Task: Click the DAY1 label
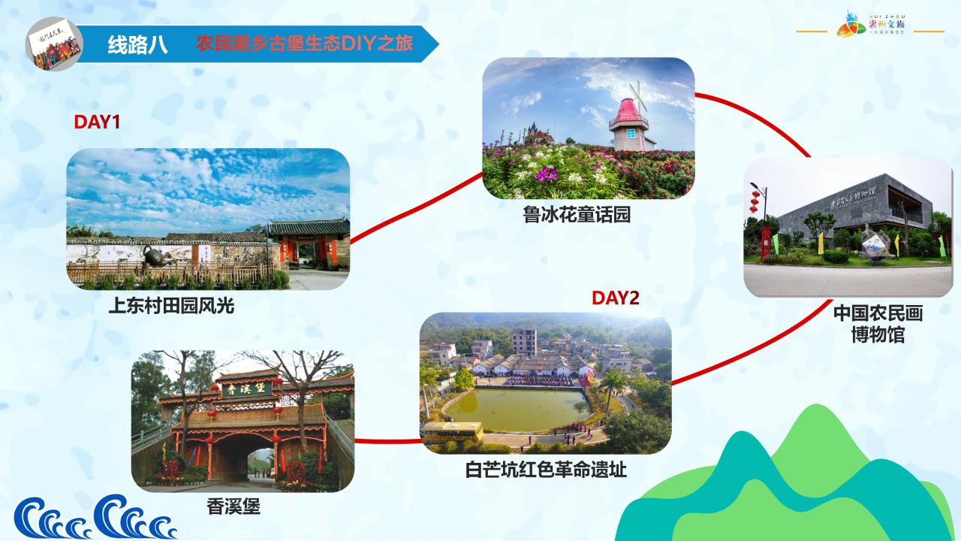click(x=97, y=122)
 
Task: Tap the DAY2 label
click(x=615, y=298)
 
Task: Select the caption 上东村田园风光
click(x=171, y=306)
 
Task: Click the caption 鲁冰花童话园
click(x=577, y=215)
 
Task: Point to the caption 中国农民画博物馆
click(x=878, y=324)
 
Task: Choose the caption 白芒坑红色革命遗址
click(x=546, y=470)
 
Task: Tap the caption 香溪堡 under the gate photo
click(x=233, y=507)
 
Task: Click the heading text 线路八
click(x=137, y=44)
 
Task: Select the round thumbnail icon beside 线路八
click(x=53, y=46)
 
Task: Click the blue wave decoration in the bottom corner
click(x=94, y=518)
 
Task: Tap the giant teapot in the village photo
click(x=155, y=256)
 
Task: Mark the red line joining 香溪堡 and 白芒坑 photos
click(x=387, y=441)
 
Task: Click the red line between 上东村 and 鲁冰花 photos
click(x=416, y=209)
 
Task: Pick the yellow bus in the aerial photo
click(x=451, y=431)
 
